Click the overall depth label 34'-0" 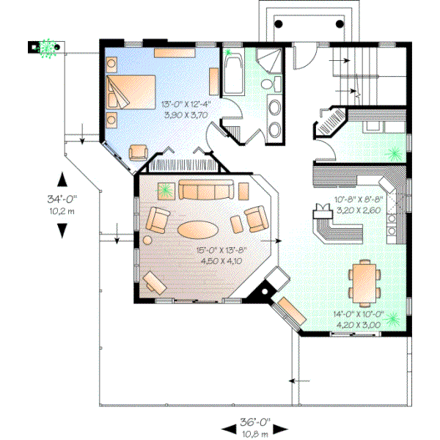click(x=62, y=197)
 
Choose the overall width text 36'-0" click(x=254, y=422)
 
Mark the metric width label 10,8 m click(x=254, y=433)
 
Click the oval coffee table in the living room click(x=197, y=229)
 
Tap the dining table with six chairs click(x=364, y=281)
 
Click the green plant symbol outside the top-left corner click(x=48, y=48)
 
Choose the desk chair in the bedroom click(x=137, y=152)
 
